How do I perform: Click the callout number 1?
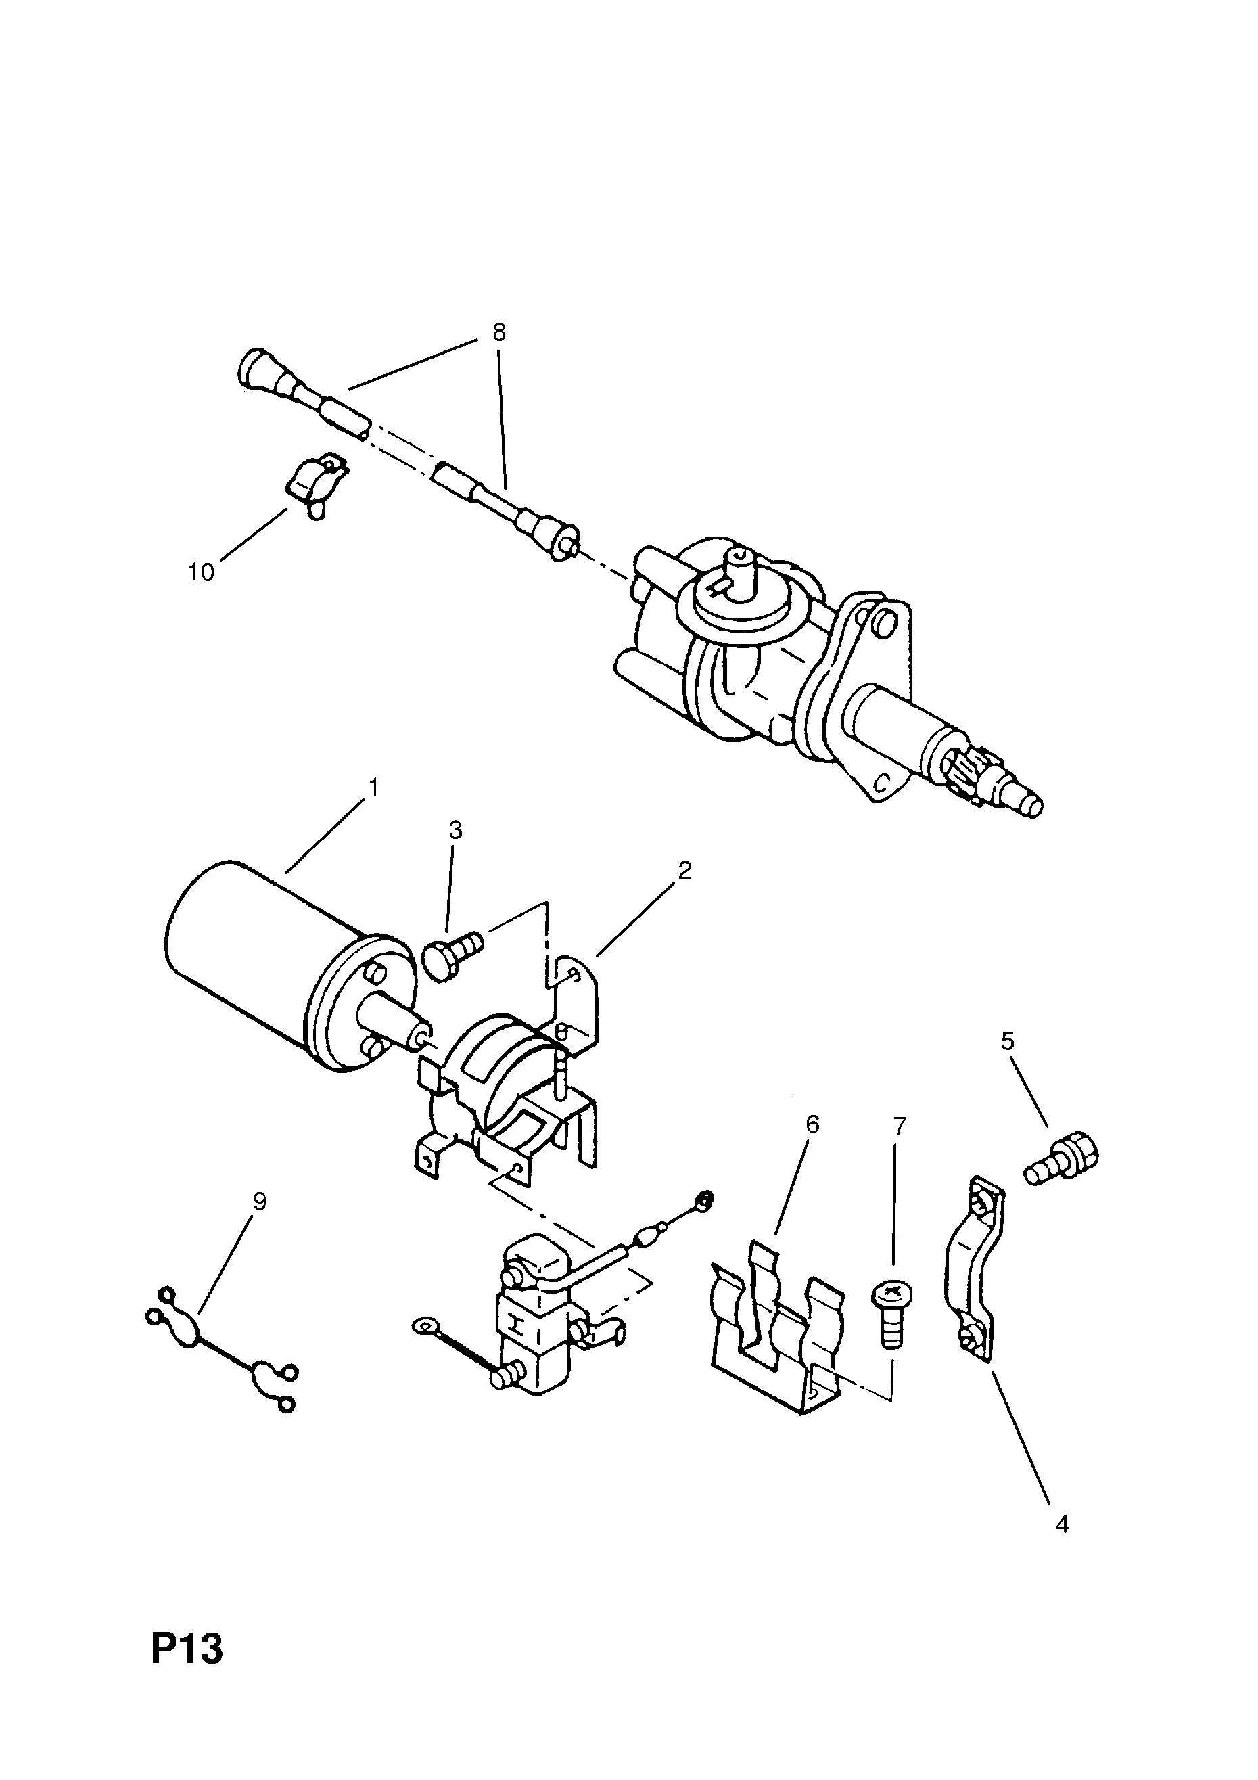(373, 788)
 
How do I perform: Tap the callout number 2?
(684, 871)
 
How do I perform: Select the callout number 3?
(456, 830)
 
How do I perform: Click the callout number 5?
(1007, 1041)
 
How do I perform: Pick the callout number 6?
(812, 1124)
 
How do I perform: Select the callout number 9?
(259, 1202)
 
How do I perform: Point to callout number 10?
(201, 572)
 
